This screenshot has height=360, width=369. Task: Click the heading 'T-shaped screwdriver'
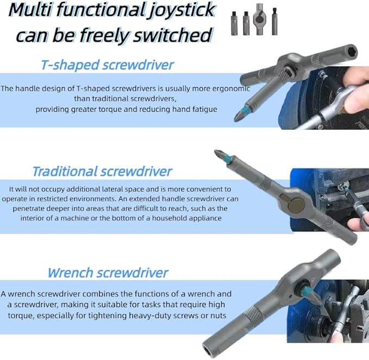[108, 65]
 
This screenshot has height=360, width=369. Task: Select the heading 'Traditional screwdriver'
[102, 172]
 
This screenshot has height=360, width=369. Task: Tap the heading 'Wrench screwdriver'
[108, 273]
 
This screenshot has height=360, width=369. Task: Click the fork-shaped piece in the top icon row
[260, 23]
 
